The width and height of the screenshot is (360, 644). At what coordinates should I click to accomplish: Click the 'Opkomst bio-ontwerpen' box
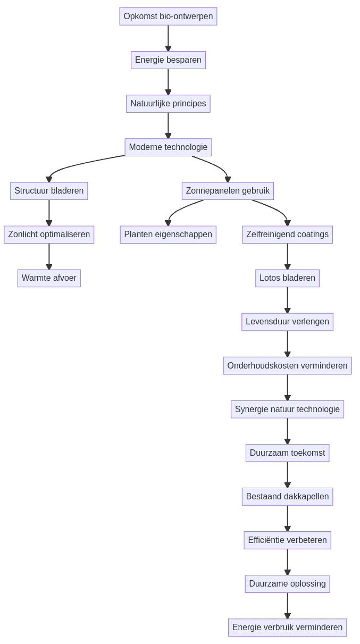168,16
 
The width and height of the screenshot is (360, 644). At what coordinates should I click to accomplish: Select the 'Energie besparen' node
168,60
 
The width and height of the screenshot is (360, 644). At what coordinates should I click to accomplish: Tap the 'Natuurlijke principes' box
168,104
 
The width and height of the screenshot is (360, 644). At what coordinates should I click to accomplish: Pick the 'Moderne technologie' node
168,147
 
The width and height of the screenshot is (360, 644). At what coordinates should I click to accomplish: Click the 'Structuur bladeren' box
49,191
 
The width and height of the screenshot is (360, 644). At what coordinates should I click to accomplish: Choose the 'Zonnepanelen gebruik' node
228,191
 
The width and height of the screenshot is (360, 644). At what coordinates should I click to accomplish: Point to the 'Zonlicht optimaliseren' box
49,235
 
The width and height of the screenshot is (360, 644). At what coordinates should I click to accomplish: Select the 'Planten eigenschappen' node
168,235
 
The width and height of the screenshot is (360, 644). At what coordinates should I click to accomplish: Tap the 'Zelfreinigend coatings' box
287,235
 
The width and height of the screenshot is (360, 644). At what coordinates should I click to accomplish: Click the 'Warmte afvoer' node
49,278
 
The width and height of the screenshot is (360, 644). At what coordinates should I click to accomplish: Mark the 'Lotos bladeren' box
287,278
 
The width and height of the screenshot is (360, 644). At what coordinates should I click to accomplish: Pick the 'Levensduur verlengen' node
287,322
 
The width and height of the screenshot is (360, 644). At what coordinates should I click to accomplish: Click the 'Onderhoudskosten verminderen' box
287,366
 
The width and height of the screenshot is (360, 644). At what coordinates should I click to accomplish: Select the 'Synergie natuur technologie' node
287,409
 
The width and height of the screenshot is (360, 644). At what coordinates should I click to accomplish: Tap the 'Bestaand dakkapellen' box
287,497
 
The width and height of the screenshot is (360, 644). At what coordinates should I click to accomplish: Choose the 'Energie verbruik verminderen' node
287,628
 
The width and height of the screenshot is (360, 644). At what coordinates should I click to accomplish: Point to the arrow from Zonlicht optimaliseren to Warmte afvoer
49,256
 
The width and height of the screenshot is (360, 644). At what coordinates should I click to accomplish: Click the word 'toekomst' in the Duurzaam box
308,453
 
